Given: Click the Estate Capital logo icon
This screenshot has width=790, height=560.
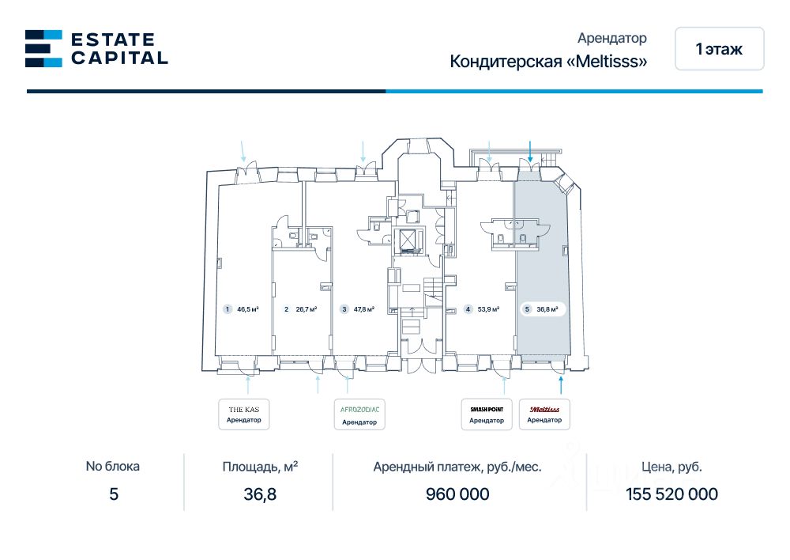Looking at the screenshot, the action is coord(43,48).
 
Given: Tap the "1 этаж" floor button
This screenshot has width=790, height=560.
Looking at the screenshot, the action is coord(719,49).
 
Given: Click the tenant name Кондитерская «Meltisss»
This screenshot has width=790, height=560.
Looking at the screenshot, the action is coord(548,62).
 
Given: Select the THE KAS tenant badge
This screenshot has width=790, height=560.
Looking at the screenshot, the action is coord(243,414).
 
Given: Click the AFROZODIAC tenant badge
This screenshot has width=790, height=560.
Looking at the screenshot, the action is coord(359,414).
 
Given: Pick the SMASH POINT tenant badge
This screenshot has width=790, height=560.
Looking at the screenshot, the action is coord(487,414).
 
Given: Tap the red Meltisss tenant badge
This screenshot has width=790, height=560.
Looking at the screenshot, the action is coord(544,414).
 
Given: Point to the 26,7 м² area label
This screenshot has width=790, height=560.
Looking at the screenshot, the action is coord(305,309).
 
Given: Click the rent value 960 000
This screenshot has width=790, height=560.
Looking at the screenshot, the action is coord(457,494).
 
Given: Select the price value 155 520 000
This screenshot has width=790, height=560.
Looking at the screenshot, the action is coord(671,494).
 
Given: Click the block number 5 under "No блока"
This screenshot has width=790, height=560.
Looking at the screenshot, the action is coord(113,494).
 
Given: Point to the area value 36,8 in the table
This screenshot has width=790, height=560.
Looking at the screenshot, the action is coord(261,494).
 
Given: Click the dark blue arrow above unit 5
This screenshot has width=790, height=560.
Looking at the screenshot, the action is coord(530,152).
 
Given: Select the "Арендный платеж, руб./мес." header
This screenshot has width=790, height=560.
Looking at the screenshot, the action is coord(457,467).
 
